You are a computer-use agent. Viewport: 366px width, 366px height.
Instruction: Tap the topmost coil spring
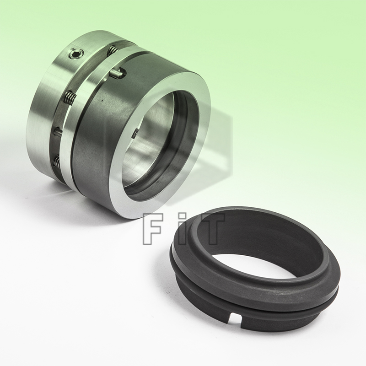[x=111, y=51]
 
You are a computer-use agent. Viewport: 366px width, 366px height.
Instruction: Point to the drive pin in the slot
[x=118, y=72]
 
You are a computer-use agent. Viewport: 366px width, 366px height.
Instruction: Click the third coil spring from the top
[x=58, y=132]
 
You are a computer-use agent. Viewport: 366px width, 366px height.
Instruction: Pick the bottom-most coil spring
[x=57, y=160]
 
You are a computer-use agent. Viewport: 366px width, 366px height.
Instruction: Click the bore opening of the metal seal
[x=151, y=137]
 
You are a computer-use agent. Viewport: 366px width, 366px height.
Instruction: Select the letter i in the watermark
[x=183, y=226]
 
